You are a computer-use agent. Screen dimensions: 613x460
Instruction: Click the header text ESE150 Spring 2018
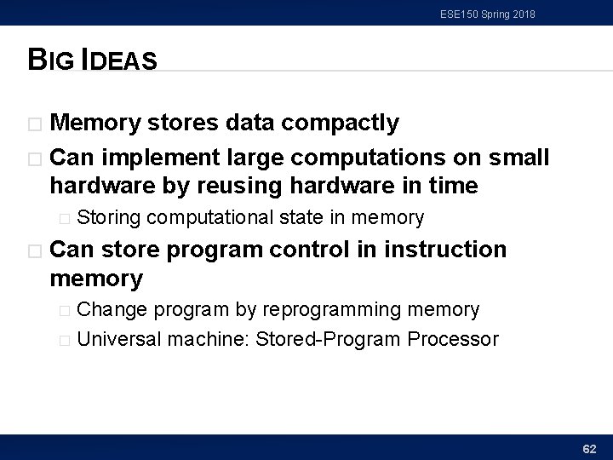click(x=488, y=14)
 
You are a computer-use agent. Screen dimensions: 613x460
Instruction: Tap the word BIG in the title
click(x=52, y=61)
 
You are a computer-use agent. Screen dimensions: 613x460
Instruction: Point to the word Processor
click(x=453, y=339)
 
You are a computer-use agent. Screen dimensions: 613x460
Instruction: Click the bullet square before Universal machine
click(x=66, y=340)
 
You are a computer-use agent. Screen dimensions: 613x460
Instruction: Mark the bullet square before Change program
click(x=66, y=310)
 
